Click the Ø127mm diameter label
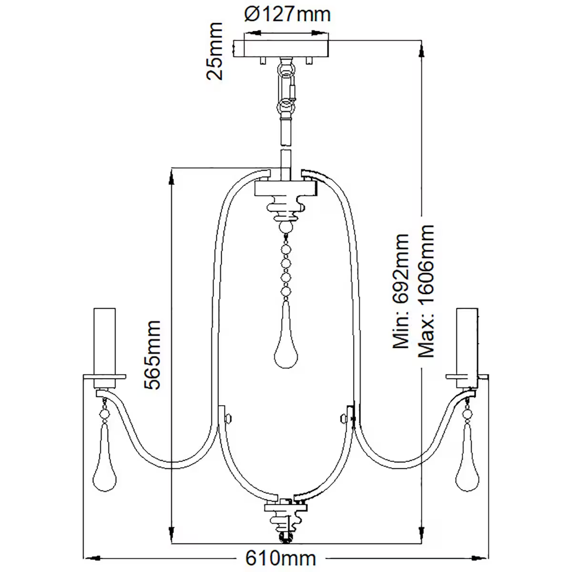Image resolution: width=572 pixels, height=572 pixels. [287, 14]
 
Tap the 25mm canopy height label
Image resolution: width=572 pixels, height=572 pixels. [214, 51]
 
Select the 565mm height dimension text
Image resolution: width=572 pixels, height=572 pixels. [154, 355]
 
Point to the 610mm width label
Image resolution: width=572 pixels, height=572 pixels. [281, 557]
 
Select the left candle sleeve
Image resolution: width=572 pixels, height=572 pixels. [104, 341]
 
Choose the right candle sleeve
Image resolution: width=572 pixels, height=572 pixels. [467, 341]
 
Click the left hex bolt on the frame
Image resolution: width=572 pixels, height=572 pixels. [229, 418]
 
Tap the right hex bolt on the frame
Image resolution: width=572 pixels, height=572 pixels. [343, 418]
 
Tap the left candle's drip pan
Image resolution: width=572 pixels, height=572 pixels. [104, 377]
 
